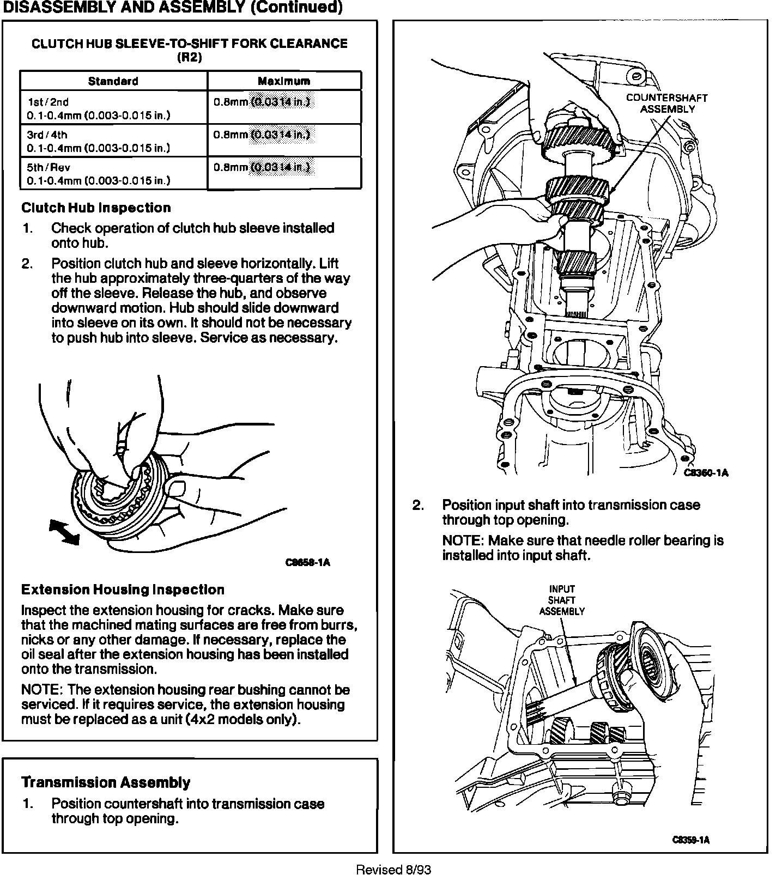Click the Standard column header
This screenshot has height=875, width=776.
[113, 81]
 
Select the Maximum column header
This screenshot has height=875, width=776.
[284, 81]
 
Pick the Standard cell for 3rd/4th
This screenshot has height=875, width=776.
[113, 141]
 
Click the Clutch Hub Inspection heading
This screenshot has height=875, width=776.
[96, 208]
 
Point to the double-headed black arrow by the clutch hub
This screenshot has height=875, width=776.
[64, 531]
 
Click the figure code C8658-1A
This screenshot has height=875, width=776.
[308, 562]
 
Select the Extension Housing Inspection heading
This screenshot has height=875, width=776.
[123, 590]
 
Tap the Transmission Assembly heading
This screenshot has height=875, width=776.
[106, 782]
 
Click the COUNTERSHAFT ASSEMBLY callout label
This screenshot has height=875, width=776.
[666, 103]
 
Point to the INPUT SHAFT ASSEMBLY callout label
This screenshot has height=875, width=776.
[562, 600]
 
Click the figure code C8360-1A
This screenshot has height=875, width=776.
[706, 472]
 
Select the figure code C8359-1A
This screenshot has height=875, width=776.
[690, 840]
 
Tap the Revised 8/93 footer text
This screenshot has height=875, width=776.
[393, 869]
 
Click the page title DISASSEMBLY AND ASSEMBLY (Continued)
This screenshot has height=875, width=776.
[173, 8]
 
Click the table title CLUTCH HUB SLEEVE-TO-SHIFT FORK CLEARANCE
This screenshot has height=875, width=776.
[190, 44]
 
